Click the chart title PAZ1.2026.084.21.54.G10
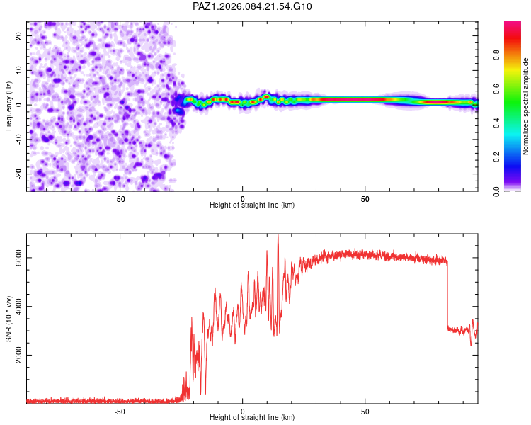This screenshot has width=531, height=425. [x=252, y=6]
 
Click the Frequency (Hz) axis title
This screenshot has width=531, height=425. [x=8, y=106]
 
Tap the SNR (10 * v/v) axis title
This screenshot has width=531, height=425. [x=8, y=319]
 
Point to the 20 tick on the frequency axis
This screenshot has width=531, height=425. [x=20, y=35]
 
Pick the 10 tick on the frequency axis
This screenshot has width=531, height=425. [x=20, y=70]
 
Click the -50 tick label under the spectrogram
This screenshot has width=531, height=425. [x=120, y=198]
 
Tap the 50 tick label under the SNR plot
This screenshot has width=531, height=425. [x=365, y=410]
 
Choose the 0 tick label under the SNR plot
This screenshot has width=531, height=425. [x=243, y=410]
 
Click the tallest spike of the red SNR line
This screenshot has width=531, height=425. [x=278, y=236]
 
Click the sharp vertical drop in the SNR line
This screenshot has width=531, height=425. [x=447, y=294]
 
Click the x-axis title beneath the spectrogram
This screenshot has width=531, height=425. [x=252, y=205]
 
